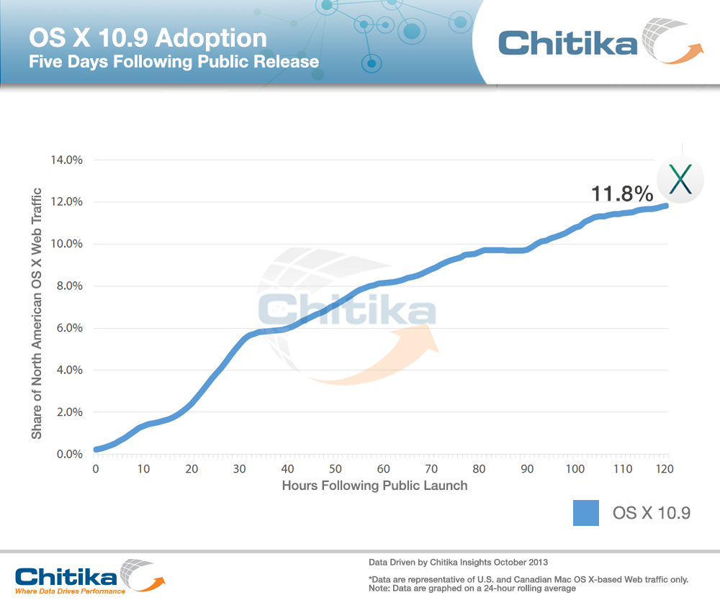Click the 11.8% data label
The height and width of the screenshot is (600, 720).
[622, 194]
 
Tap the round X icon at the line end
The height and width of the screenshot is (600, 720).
[680, 180]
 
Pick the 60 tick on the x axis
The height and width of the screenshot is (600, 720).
[383, 469]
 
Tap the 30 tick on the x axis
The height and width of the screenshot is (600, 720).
[239, 469]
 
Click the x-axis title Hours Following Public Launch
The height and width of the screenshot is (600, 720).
[374, 486]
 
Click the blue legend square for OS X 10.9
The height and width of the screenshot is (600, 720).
[586, 513]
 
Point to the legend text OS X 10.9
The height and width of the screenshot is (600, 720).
[652, 513]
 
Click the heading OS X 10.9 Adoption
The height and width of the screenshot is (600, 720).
[148, 37]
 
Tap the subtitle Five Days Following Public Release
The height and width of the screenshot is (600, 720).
[174, 61]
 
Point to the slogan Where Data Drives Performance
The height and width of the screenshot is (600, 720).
[69, 592]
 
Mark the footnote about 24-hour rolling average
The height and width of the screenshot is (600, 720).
[472, 588]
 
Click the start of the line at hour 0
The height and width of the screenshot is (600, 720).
[96, 450]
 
